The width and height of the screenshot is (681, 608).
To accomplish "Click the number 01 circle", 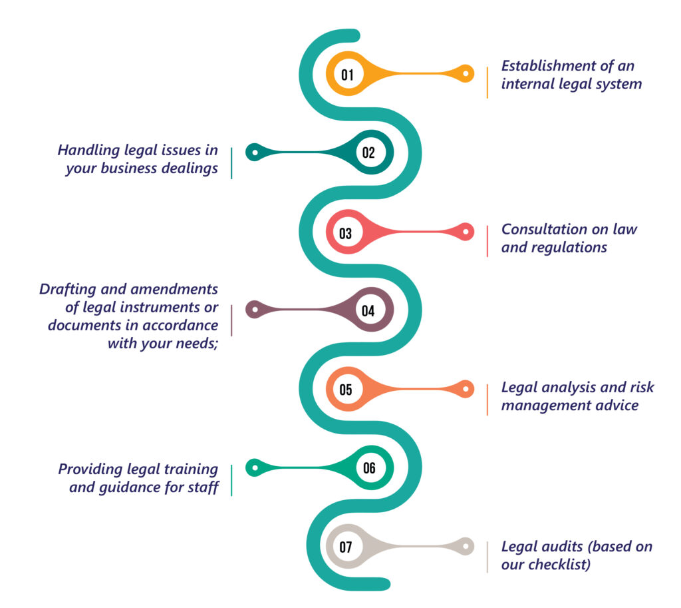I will (x=347, y=74).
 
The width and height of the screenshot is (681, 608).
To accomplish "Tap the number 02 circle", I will (x=368, y=152).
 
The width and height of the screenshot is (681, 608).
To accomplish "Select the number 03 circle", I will (x=346, y=232).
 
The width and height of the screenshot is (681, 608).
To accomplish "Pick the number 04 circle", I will (x=368, y=310).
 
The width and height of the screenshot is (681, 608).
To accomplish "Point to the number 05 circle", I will (x=346, y=390).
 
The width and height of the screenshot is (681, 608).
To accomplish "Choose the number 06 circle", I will (x=369, y=467).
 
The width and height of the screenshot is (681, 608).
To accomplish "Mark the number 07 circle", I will (x=346, y=547).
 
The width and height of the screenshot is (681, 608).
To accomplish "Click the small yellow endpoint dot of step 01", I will (x=466, y=74).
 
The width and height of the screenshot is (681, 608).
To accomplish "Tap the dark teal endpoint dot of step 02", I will (x=253, y=152).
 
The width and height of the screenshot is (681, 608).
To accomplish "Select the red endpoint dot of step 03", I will (x=466, y=232).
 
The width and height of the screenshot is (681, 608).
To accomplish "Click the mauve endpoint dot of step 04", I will (x=253, y=310).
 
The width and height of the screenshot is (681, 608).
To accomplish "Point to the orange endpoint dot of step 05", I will (x=466, y=389).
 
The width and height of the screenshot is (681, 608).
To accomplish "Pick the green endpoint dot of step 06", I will (x=253, y=467).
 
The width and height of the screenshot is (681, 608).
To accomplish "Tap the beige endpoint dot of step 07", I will (x=466, y=547).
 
